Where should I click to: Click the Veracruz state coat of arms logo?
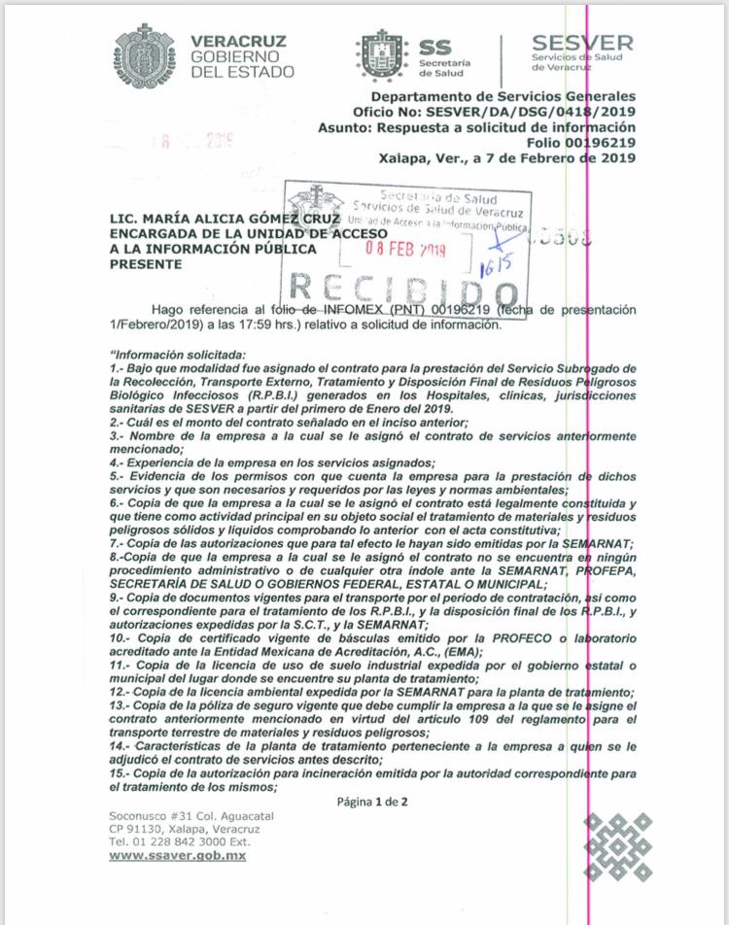(146, 56)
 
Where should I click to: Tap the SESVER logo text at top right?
(581, 44)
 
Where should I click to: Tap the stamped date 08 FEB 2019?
(405, 249)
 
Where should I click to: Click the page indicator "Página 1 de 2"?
(372, 802)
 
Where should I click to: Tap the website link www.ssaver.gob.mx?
(177, 856)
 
